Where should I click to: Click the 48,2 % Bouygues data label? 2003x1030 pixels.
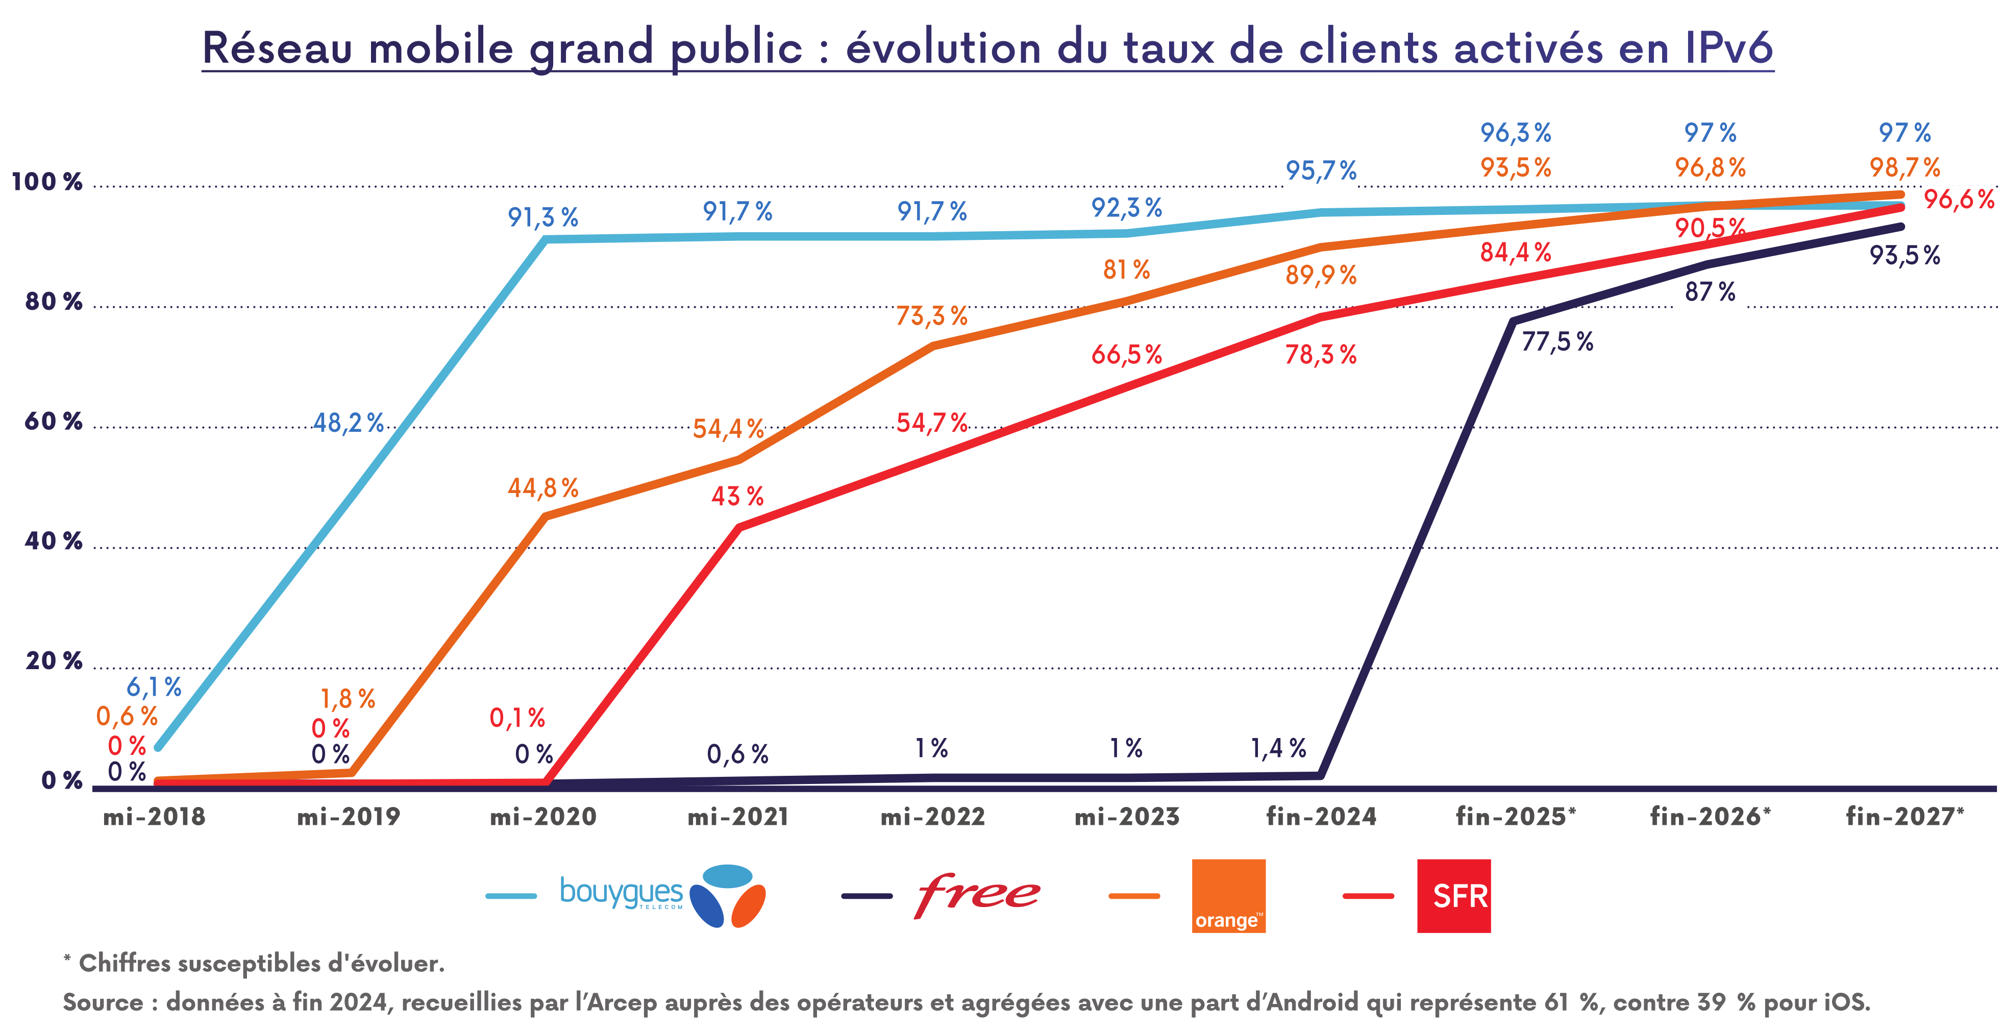pyautogui.click(x=349, y=423)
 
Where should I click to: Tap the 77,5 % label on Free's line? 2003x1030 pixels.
pyautogui.click(x=1556, y=341)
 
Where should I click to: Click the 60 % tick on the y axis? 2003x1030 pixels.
pyautogui.click(x=53, y=422)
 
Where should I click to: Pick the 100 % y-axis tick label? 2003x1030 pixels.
pyautogui.click(x=46, y=182)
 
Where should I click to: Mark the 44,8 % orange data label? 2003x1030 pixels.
pyautogui.click(x=543, y=488)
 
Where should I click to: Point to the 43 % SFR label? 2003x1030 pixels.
pyautogui.click(x=737, y=496)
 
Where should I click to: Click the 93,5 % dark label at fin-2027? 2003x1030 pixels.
pyautogui.click(x=1904, y=255)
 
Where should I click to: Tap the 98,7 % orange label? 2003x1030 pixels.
pyautogui.click(x=1904, y=167)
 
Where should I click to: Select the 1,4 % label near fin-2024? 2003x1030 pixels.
pyautogui.click(x=1277, y=748)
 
